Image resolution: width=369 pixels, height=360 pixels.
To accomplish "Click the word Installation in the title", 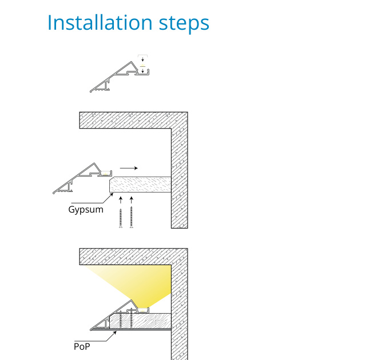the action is click(100, 22).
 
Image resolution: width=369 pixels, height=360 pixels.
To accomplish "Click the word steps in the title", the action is click(184, 25).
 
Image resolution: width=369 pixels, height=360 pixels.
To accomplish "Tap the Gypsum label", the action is click(86, 209).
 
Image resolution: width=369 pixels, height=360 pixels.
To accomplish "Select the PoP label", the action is click(82, 347).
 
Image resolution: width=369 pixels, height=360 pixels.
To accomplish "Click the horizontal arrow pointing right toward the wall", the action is click(129, 168).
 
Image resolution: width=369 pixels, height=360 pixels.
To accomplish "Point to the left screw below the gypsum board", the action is click(121, 218).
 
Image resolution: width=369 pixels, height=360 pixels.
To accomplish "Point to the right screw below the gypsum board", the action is click(132, 217).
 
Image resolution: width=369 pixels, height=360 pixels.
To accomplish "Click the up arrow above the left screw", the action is click(121, 200).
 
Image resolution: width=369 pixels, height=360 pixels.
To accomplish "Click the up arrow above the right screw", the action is click(132, 200).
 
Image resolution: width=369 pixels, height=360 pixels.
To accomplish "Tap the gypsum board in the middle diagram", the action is click(140, 185).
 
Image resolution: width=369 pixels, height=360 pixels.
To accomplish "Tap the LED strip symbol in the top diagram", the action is click(142, 66).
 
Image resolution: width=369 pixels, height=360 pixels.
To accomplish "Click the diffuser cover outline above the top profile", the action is click(142, 55).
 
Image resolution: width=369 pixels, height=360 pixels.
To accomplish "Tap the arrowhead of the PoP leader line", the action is click(115, 332).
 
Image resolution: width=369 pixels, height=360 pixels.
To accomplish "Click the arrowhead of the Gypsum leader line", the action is click(112, 194).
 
